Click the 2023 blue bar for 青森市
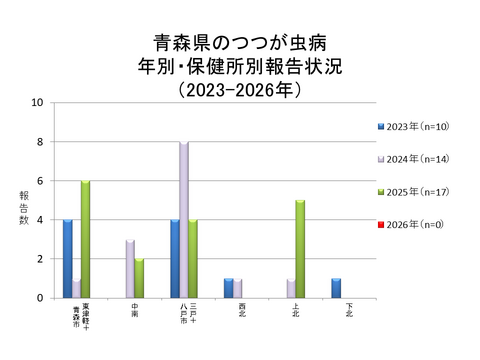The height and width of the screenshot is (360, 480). (68, 258)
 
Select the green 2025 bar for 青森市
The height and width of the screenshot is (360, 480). (86, 239)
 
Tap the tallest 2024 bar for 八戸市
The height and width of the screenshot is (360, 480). (184, 220)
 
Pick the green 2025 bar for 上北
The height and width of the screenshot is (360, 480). (300, 249)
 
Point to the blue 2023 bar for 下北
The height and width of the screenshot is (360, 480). (336, 288)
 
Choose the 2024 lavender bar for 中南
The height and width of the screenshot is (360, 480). (130, 268)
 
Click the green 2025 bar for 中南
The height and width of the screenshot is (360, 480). (140, 278)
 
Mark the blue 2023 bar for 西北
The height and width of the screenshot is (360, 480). (228, 288)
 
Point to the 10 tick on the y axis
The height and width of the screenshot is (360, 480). (37, 102)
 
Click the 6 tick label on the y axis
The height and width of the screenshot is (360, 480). (39, 181)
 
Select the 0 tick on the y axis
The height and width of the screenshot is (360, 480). (39, 298)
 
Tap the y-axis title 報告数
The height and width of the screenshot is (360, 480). (24, 205)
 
